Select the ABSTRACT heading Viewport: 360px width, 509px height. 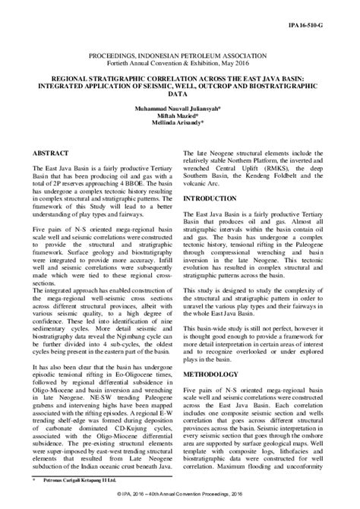50,152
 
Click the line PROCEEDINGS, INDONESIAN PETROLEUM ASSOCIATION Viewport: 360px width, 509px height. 180,57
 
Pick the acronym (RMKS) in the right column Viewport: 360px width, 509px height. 286,160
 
